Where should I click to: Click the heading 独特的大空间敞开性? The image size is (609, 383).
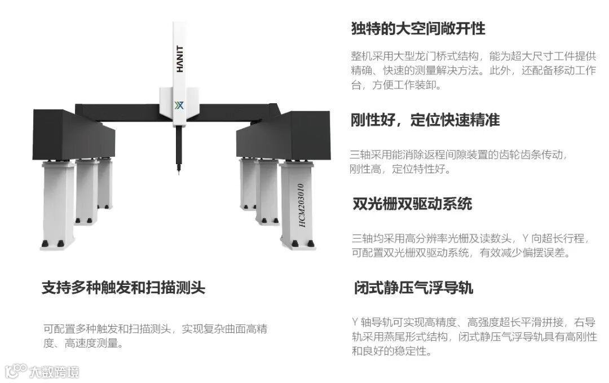tap(418, 28)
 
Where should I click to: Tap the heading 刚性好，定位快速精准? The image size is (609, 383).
tap(425, 120)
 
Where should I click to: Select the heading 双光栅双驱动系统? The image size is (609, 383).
tap(412, 204)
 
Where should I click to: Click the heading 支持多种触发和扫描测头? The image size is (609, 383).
tap(123, 288)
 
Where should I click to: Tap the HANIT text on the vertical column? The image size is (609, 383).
tap(179, 59)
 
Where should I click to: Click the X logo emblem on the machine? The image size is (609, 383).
tap(179, 105)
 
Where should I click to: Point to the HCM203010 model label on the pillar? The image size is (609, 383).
tap(301, 205)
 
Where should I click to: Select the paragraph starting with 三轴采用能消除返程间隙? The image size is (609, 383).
tap(458, 161)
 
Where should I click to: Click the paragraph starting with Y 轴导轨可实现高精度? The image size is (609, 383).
tap(474, 337)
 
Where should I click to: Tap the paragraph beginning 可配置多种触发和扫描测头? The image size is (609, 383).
tap(155, 336)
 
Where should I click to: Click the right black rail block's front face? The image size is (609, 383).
tap(308, 135)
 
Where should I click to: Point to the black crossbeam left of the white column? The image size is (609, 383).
tap(118, 112)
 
